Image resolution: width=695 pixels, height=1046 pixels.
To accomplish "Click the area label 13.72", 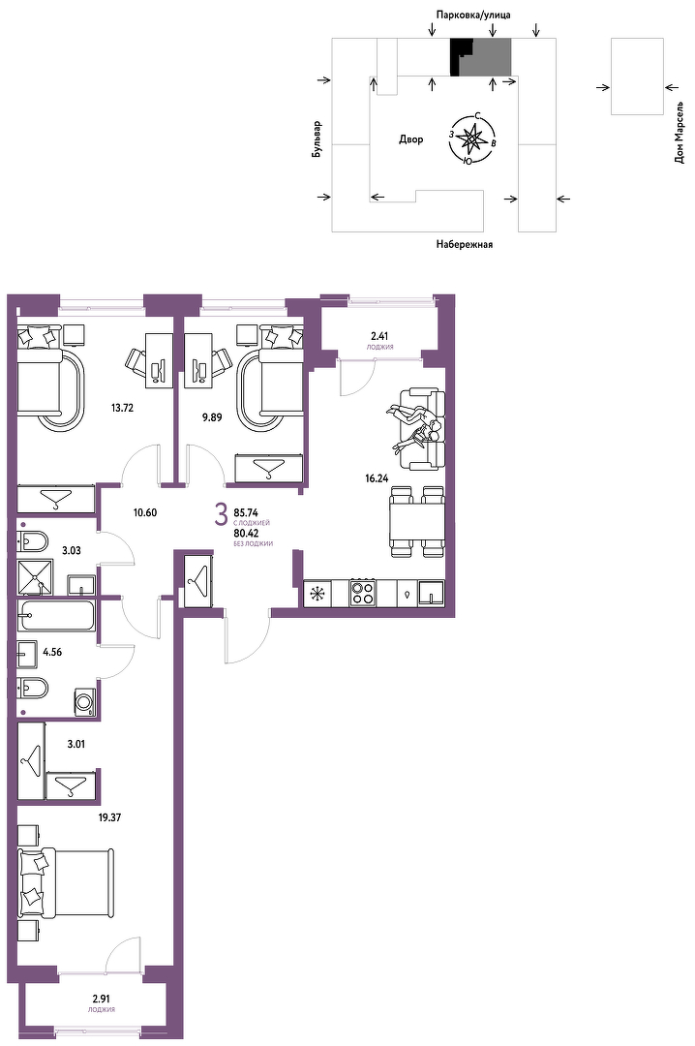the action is pyautogui.click(x=122, y=408).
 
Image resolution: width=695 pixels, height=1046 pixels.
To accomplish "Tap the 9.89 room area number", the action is pyautogui.click(x=211, y=417).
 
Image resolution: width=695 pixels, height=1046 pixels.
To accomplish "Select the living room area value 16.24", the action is pyautogui.click(x=377, y=477).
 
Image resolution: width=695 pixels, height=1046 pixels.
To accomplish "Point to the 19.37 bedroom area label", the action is pyautogui.click(x=109, y=816).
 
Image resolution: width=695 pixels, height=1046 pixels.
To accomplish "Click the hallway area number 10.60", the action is pyautogui.click(x=145, y=512).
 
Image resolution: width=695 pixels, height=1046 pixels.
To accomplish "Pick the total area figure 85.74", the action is pyautogui.click(x=246, y=512).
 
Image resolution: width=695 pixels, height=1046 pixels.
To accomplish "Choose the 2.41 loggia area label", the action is pyautogui.click(x=379, y=336).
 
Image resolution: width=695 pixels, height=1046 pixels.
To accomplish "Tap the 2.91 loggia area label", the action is pyautogui.click(x=101, y=999).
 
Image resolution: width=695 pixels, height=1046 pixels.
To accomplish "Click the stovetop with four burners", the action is pyautogui.click(x=364, y=593).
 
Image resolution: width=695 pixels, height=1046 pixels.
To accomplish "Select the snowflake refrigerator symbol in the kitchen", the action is pyautogui.click(x=317, y=593).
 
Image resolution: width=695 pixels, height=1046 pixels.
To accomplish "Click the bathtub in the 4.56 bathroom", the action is pyautogui.click(x=56, y=614).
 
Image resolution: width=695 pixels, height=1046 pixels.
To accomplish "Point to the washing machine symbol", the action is pyautogui.click(x=85, y=703).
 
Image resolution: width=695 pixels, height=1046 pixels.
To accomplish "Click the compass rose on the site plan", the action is pyautogui.click(x=472, y=138).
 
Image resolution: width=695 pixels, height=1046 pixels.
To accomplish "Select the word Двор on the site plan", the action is pyautogui.click(x=410, y=139).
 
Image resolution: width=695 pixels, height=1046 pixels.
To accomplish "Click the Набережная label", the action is pyautogui.click(x=465, y=244).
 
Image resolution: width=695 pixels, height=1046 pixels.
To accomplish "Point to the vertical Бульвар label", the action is pyautogui.click(x=317, y=139).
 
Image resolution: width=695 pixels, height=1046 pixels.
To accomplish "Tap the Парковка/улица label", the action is pyautogui.click(x=473, y=14).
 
